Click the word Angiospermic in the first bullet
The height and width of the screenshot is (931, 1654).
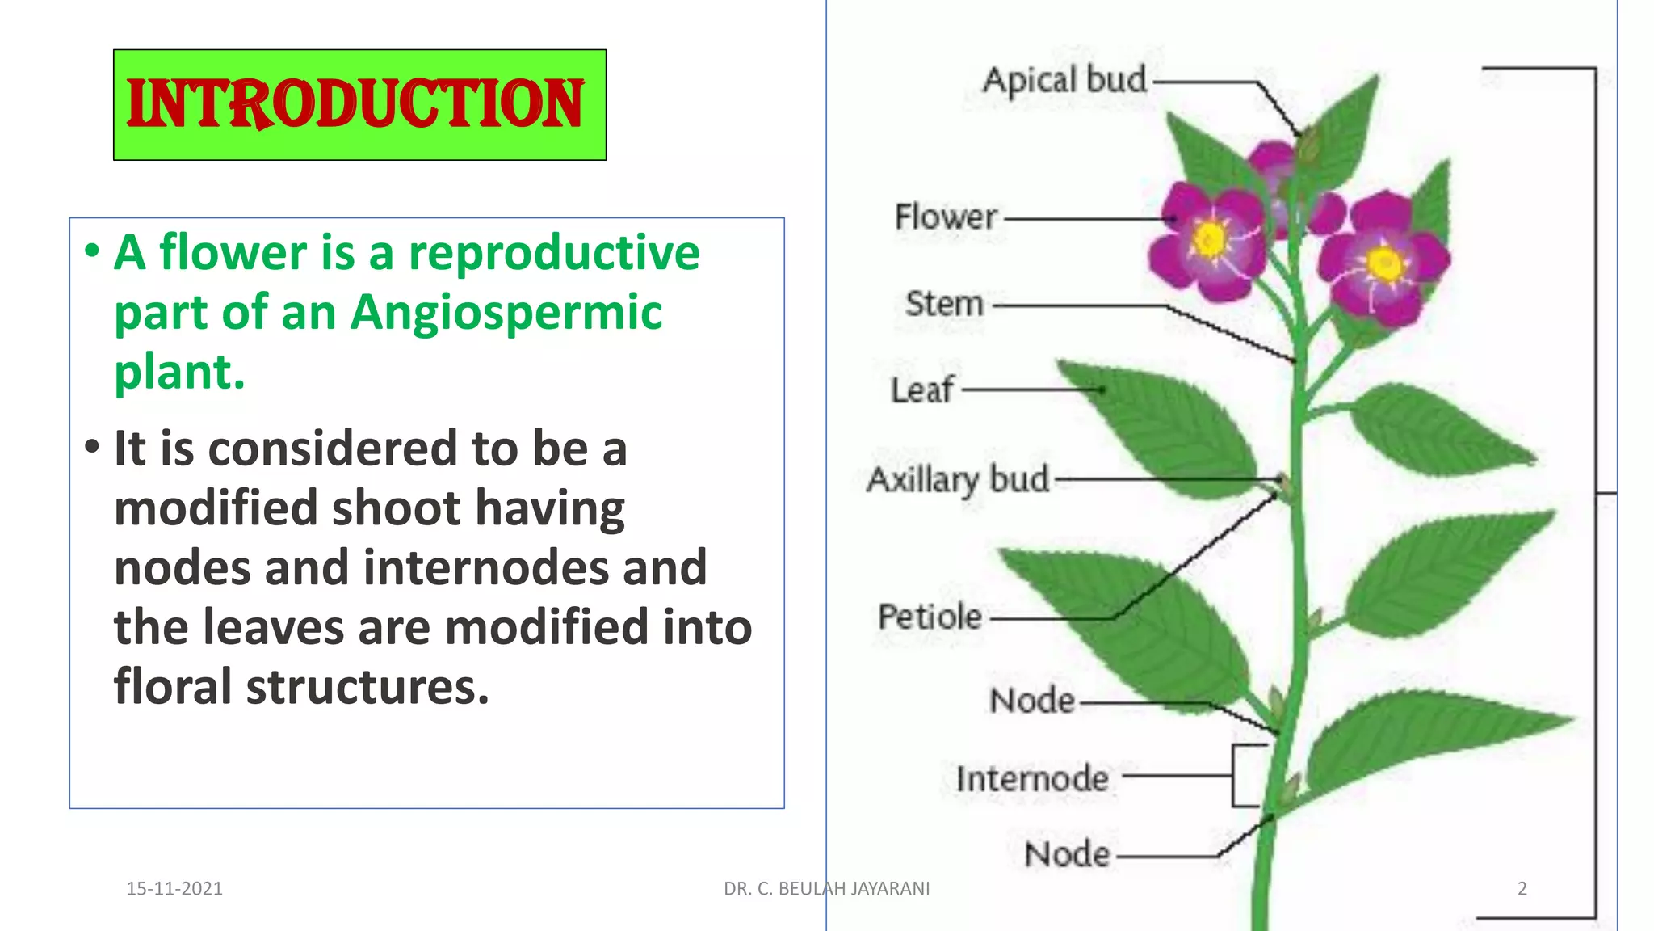click(x=506, y=313)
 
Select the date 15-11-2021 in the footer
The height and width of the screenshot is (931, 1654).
click(x=174, y=888)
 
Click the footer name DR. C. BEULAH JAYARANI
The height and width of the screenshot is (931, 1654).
click(x=826, y=888)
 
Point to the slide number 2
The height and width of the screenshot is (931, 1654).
click(x=1522, y=888)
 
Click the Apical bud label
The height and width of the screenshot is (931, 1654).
click(x=1064, y=80)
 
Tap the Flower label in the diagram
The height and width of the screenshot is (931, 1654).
click(x=946, y=217)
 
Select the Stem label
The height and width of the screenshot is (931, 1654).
click(x=944, y=304)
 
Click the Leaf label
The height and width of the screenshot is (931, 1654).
click(x=921, y=390)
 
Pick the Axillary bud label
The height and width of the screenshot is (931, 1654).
click(x=958, y=479)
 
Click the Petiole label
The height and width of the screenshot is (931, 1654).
click(x=930, y=617)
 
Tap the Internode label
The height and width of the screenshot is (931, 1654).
click(x=1032, y=778)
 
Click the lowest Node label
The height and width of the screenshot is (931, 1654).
click(x=1067, y=854)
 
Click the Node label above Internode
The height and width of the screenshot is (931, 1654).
click(x=1032, y=700)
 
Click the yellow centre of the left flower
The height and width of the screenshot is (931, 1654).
click(x=1210, y=239)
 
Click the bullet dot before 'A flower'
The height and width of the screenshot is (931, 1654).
click(x=92, y=250)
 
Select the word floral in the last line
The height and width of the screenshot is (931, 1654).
click(x=173, y=687)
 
